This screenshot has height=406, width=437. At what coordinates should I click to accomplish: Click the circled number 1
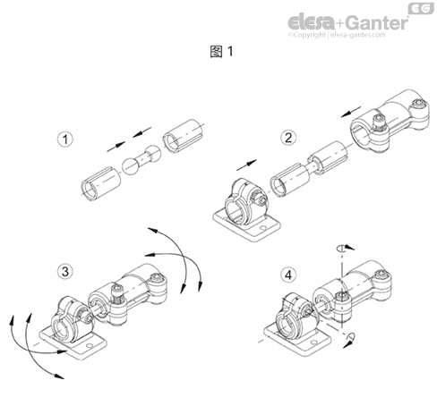tap(64, 140)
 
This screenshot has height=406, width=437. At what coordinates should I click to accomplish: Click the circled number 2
tap(288, 138)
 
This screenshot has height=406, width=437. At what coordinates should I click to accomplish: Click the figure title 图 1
tap(218, 51)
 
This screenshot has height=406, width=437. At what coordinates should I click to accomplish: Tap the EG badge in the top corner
tap(421, 8)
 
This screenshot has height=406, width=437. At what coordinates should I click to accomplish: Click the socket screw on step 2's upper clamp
tap(377, 119)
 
